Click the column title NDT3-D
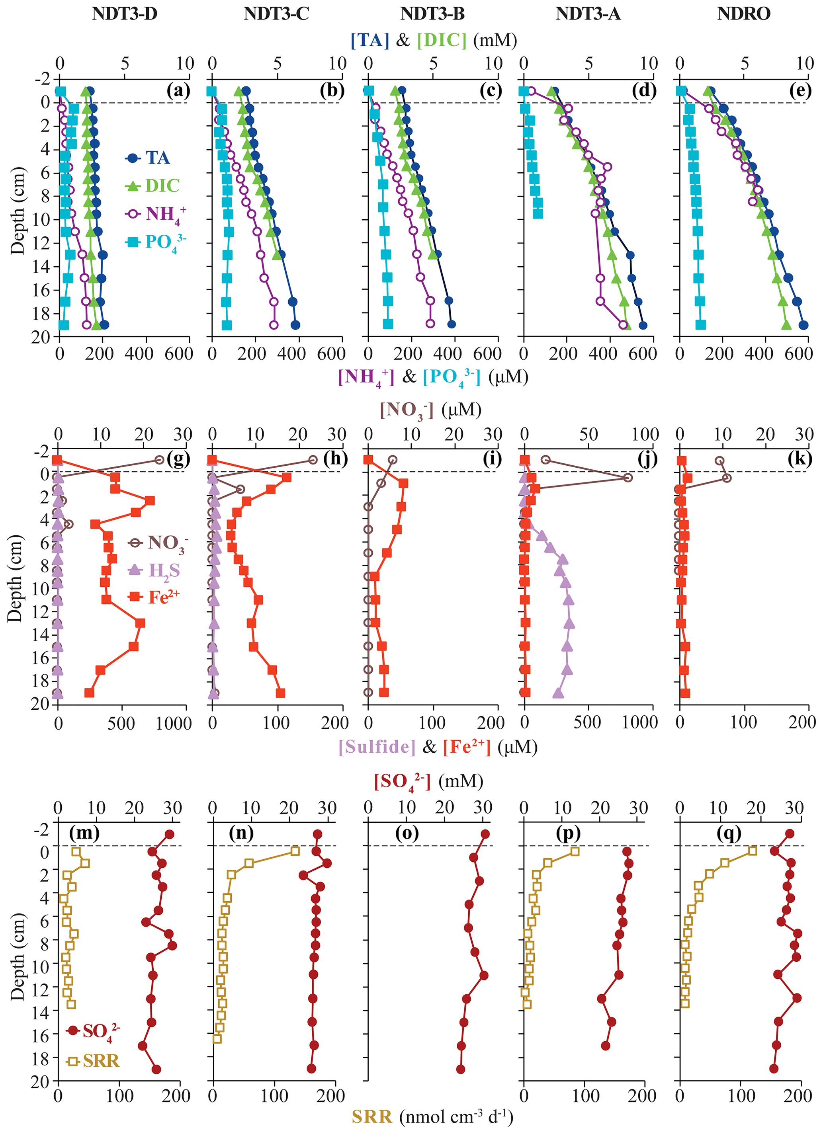(x=125, y=14)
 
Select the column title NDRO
(x=743, y=14)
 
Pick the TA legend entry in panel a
(x=148, y=158)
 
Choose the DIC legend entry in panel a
(x=152, y=186)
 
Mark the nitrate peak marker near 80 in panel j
(x=628, y=478)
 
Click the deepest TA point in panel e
(x=803, y=325)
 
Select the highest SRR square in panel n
(x=295, y=851)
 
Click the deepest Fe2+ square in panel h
(x=280, y=693)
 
